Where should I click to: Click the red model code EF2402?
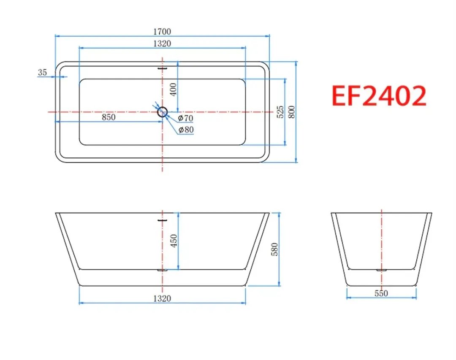pos(379,96)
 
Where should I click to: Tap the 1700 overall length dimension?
pos(163,32)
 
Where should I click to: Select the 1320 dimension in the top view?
pos(163,43)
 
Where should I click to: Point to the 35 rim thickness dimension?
pos(42,72)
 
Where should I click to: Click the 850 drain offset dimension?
pos(109,117)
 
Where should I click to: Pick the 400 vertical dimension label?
pos(173,89)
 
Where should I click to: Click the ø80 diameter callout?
pos(186,130)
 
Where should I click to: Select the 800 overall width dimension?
pos(292,112)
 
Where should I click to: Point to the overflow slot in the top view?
pos(163,66)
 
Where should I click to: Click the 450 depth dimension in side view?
pos(173,241)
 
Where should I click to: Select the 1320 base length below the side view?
pos(163,298)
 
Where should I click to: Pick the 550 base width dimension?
pos(381,293)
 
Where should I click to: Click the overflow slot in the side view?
pos(163,219)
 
